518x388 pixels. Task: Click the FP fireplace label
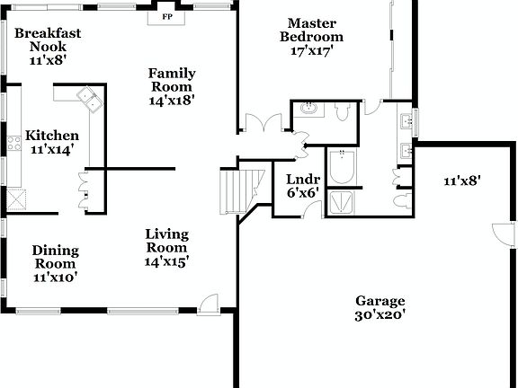166,16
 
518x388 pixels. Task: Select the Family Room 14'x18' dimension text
172,101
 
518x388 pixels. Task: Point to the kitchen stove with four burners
13,141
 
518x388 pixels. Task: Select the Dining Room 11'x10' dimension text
55,278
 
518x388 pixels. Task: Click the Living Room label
166,242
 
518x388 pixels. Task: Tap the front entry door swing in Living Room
209,304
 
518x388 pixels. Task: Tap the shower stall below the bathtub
343,203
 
